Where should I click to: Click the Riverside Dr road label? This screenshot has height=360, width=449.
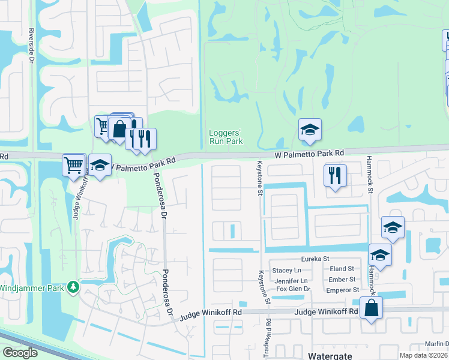(31, 44)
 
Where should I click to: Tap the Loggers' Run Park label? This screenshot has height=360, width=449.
(226, 137)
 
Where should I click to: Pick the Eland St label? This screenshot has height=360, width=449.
(342, 269)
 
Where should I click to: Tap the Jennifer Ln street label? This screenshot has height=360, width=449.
(291, 280)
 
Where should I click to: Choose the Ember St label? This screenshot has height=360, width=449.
(342, 280)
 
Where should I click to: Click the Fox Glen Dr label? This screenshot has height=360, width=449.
(292, 289)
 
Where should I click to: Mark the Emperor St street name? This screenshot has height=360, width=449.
(343, 290)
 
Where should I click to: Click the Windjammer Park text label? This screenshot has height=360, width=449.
(32, 288)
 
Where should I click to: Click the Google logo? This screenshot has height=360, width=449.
(20, 352)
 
